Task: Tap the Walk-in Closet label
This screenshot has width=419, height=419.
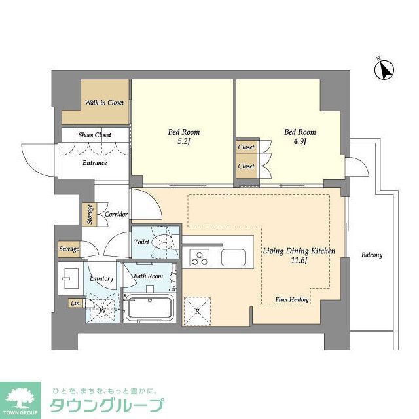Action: tap(105, 103)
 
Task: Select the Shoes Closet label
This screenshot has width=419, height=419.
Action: tap(95, 135)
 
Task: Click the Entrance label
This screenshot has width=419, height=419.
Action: tap(94, 163)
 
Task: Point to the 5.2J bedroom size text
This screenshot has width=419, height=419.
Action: tap(183, 141)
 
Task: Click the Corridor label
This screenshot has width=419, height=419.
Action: tap(116, 215)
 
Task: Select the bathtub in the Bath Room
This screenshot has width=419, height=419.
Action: tap(149, 308)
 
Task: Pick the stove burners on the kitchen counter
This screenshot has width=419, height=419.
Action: tap(200, 258)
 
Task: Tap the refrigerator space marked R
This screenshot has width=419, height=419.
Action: tap(197, 310)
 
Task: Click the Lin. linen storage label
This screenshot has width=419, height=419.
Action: tap(75, 303)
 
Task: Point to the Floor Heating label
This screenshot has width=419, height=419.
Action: tap(291, 299)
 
